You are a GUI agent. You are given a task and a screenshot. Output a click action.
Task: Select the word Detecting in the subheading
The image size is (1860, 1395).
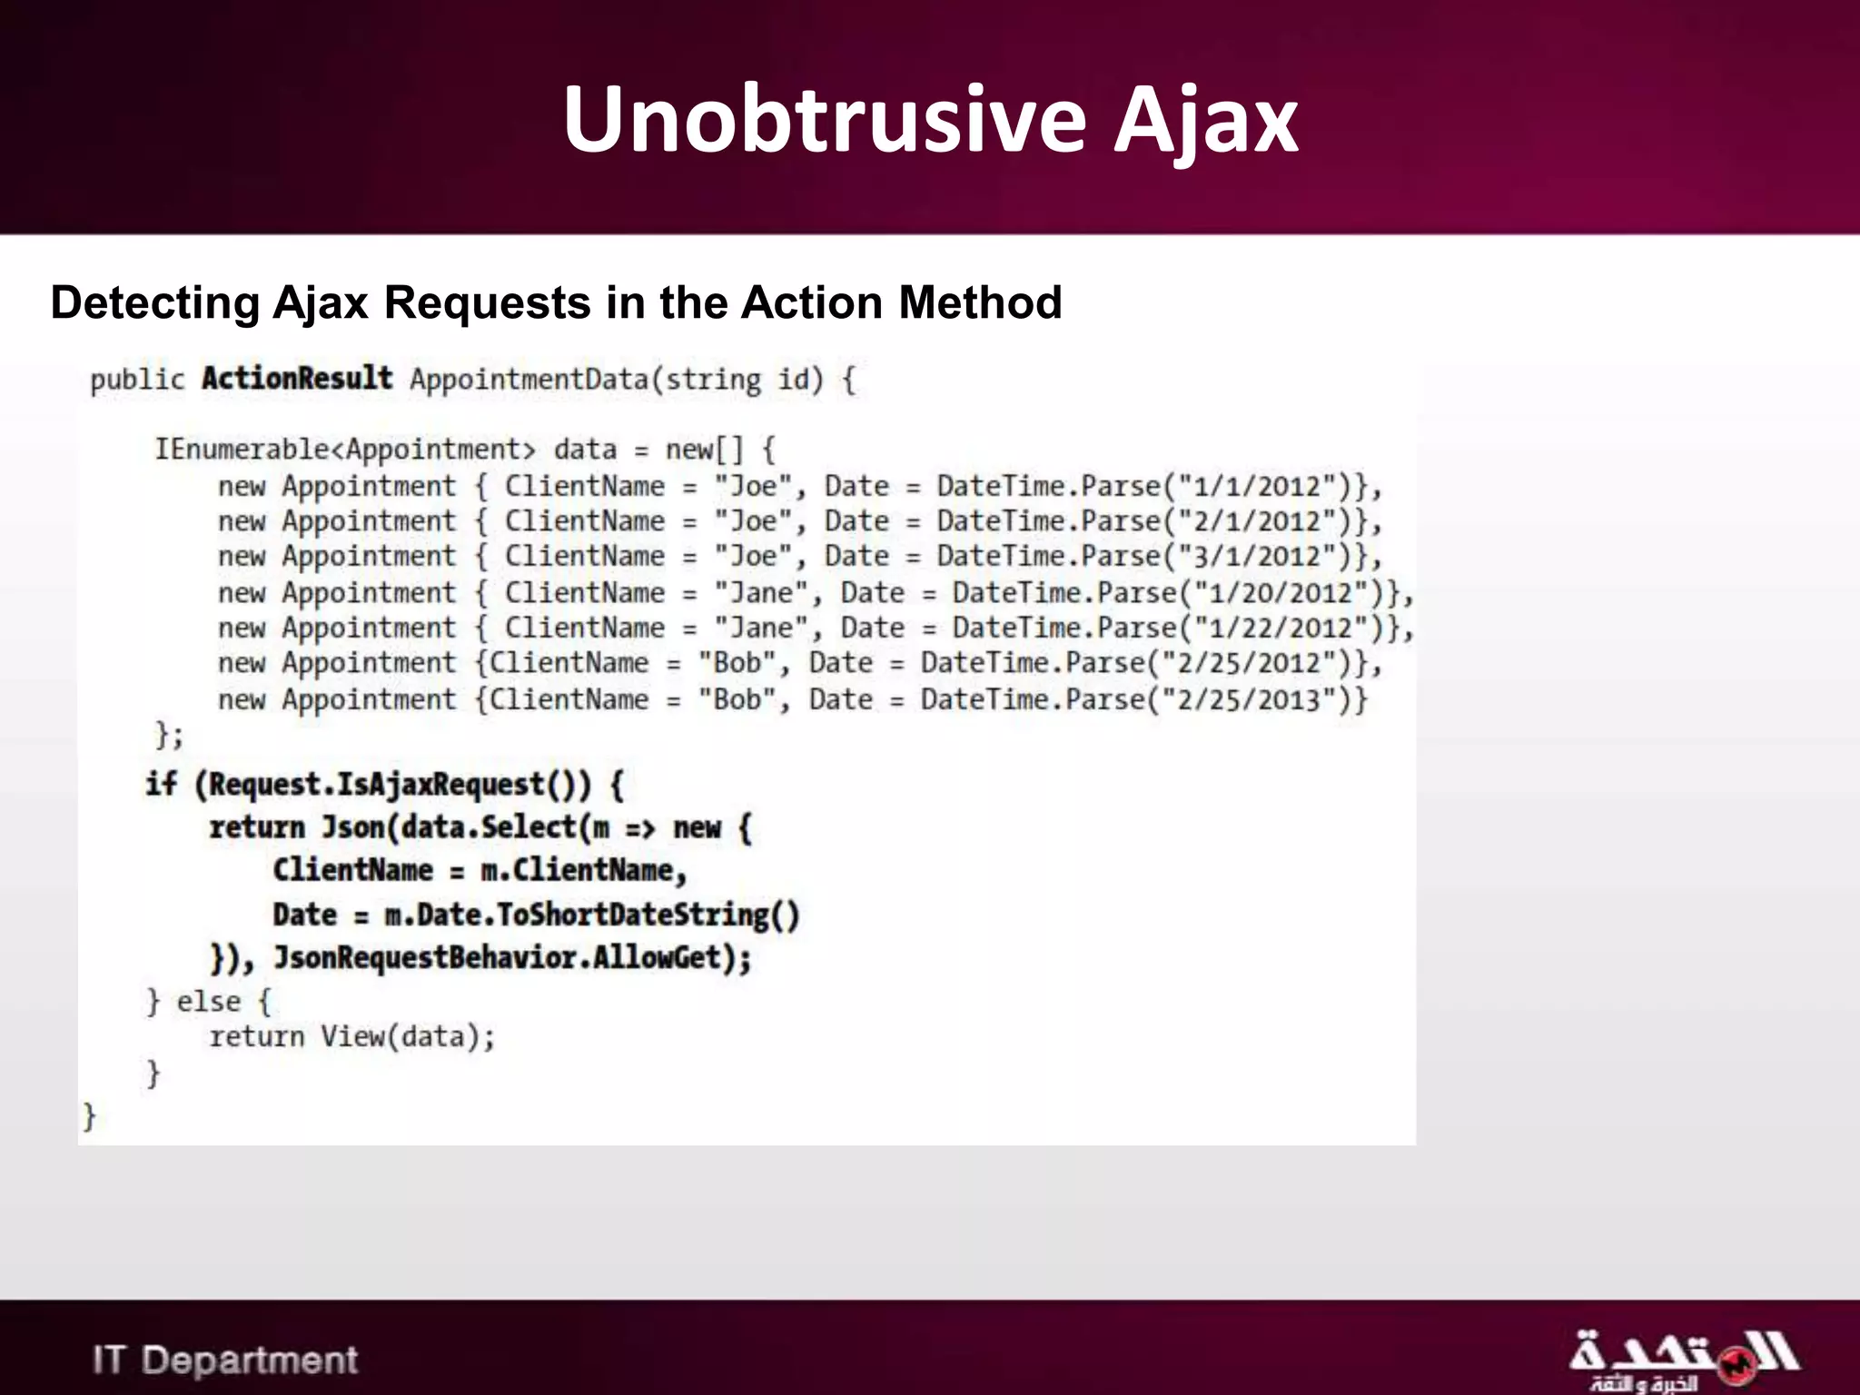pyautogui.click(x=155, y=302)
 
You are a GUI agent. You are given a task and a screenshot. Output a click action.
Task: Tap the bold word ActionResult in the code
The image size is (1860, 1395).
pyautogui.click(x=297, y=378)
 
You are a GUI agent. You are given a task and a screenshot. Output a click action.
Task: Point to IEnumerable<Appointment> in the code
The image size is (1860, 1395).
pyautogui.click(x=345, y=449)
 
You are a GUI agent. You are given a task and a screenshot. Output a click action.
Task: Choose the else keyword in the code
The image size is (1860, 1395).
pyautogui.click(x=208, y=1001)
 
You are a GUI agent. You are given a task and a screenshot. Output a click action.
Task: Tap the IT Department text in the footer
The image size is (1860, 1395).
pyautogui.click(x=224, y=1360)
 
